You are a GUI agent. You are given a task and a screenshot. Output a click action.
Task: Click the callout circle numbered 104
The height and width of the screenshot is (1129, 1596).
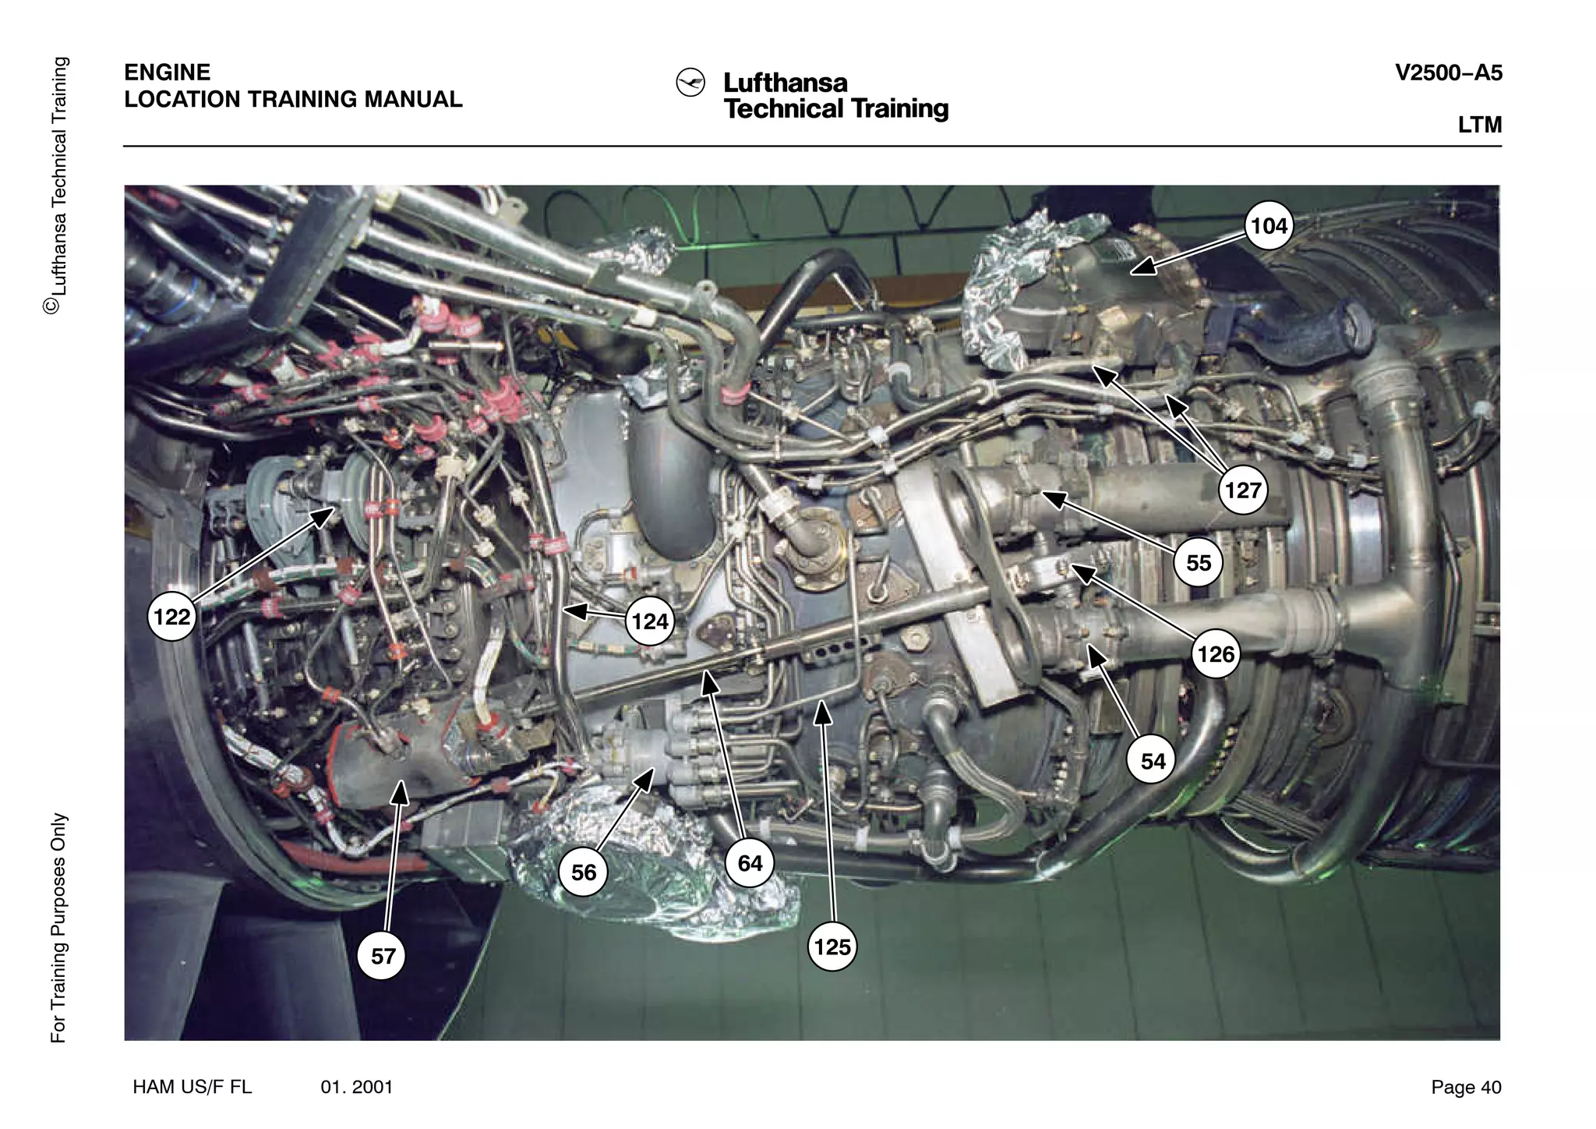click(x=1269, y=226)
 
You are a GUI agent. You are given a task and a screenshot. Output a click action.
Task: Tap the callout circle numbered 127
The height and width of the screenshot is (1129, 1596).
click(x=1242, y=490)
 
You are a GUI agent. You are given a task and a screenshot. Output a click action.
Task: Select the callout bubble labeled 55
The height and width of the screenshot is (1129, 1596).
click(x=1199, y=562)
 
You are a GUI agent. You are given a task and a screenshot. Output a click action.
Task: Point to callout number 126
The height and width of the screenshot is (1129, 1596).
click(x=1216, y=653)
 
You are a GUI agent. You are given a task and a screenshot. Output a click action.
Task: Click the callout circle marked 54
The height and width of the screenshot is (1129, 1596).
click(x=1153, y=760)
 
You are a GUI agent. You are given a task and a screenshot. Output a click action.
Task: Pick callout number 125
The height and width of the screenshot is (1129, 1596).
click(x=832, y=947)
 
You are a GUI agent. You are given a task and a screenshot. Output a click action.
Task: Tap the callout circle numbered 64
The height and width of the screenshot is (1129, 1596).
click(x=750, y=863)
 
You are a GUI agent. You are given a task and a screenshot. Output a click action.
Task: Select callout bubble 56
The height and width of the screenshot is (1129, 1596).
click(x=583, y=872)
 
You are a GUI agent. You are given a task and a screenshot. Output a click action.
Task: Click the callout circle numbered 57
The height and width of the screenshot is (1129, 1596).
click(x=383, y=956)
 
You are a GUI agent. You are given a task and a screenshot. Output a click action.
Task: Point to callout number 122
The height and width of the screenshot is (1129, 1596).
click(x=171, y=617)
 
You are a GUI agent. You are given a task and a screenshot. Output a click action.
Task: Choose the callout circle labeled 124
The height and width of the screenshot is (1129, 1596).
click(x=650, y=621)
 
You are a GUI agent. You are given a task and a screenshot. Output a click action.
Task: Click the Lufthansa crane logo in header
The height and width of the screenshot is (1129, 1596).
click(x=690, y=83)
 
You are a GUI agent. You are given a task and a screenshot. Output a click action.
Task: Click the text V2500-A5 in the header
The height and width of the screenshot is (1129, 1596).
click(x=1448, y=73)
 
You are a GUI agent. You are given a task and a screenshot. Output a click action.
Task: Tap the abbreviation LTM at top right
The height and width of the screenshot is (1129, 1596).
click(x=1479, y=126)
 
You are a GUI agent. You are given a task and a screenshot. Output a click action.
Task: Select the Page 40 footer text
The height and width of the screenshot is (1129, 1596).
click(x=1465, y=1087)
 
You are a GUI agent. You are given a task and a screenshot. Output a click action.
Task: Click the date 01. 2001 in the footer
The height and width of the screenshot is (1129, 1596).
click(x=357, y=1087)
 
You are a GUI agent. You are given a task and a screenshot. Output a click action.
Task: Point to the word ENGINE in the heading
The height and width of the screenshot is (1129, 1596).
click(x=167, y=73)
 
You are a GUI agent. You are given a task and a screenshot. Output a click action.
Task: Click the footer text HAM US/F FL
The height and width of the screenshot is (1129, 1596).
click(x=192, y=1087)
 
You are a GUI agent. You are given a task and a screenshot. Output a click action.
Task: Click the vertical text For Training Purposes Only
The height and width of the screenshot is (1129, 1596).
click(x=58, y=928)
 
